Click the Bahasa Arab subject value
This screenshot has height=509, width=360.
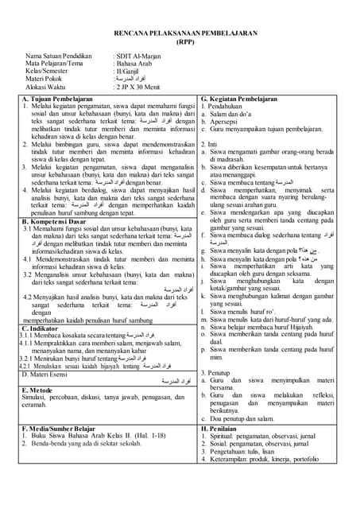tap(137, 64)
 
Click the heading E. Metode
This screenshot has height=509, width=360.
tap(41, 390)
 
